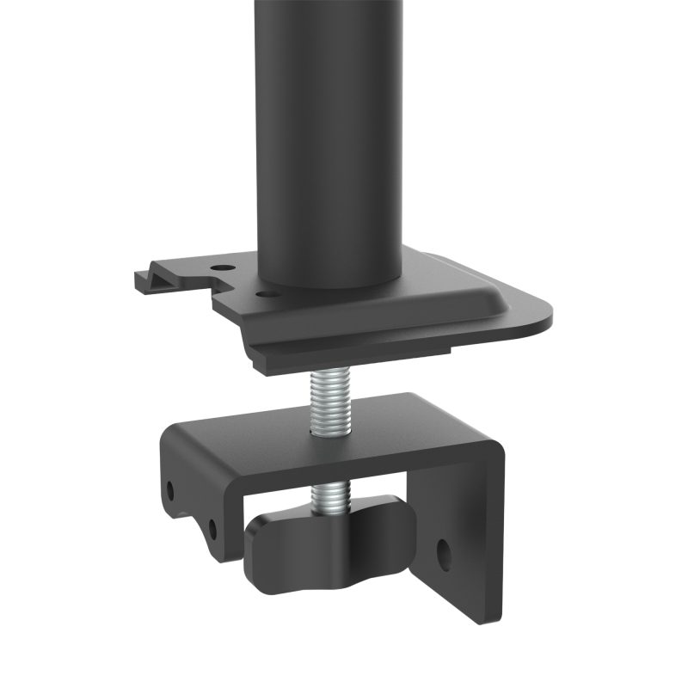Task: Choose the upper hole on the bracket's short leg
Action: [170, 489]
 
